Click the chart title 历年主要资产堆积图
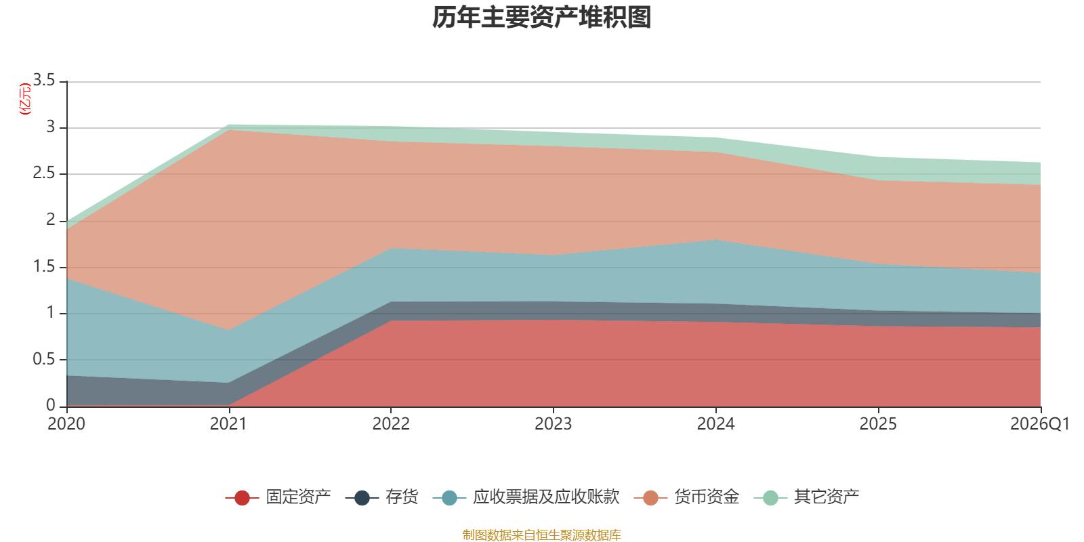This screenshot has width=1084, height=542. tap(541, 18)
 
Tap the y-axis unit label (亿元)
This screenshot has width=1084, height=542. tap(24, 99)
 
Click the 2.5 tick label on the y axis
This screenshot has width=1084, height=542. tap(44, 173)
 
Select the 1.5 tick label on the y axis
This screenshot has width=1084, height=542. tap(44, 267)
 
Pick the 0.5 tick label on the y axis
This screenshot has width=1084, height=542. tap(44, 360)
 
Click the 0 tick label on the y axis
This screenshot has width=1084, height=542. tap(51, 406)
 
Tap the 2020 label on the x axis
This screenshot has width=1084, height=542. tap(66, 424)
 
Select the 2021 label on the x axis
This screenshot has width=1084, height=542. tap(228, 424)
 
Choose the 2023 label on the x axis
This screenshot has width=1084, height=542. tap(553, 424)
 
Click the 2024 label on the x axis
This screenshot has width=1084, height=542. tap(715, 424)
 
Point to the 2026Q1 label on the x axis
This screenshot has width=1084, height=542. tap(1040, 424)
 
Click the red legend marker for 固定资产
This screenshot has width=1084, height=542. tap(242, 497)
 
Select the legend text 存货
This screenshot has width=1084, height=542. tap(402, 497)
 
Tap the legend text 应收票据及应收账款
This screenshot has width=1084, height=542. tap(546, 497)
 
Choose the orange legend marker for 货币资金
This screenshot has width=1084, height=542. tap(651, 497)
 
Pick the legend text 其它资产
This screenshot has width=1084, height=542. tap(827, 497)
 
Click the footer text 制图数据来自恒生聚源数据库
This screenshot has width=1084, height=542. tap(541, 535)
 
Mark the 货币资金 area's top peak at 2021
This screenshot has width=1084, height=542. tap(229, 129)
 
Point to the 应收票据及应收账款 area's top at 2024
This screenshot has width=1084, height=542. tap(715, 240)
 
